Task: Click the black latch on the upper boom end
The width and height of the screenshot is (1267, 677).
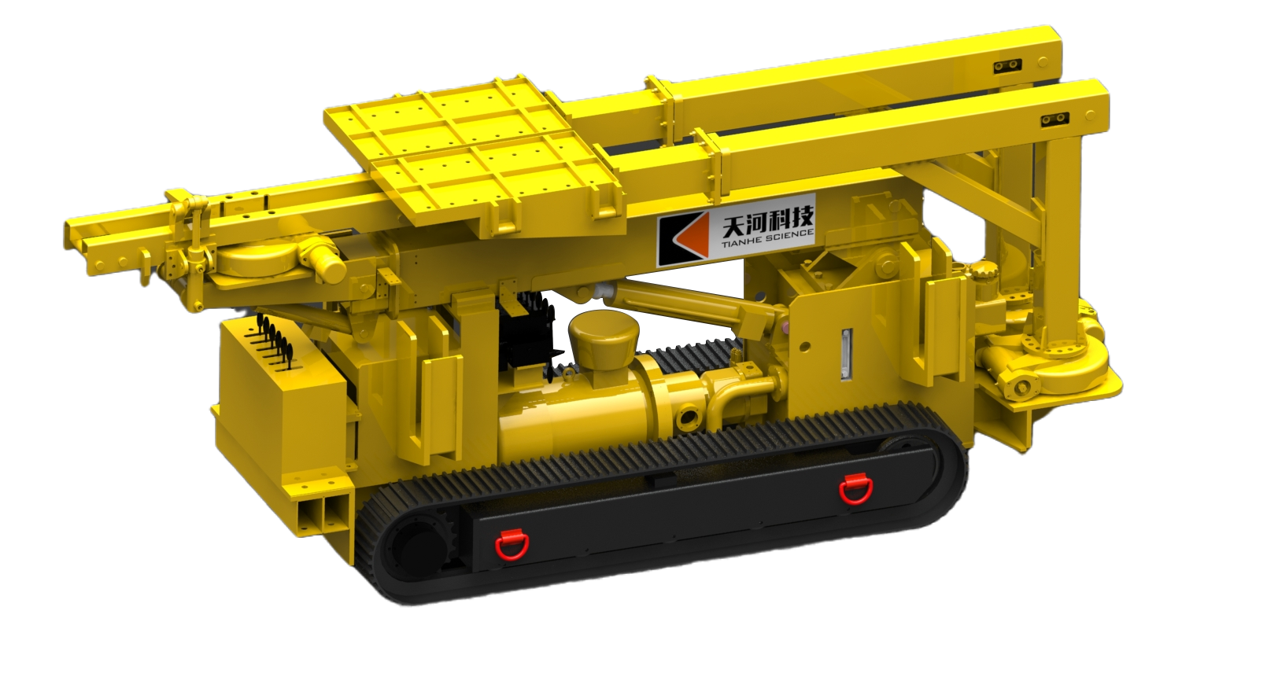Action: [x=1007, y=66]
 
